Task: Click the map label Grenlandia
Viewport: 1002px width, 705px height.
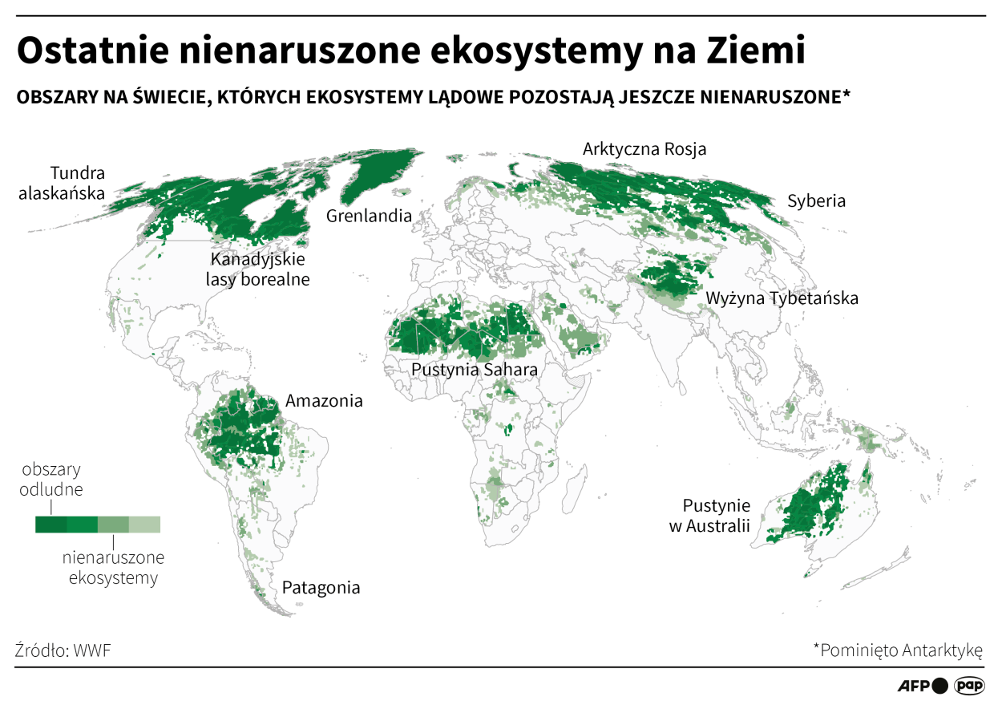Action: coord(369,216)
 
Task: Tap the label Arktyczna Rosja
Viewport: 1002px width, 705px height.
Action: coord(644,149)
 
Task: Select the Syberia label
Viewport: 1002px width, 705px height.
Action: coord(816,201)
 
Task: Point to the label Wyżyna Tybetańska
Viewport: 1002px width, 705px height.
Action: coord(782,298)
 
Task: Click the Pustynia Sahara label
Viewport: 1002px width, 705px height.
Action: coord(474,370)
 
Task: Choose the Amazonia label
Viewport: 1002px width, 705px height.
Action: coord(324,400)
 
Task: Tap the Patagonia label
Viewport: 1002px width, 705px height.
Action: coord(321,587)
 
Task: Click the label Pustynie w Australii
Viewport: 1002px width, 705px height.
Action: coord(716,516)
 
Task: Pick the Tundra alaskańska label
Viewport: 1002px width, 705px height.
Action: coord(78,183)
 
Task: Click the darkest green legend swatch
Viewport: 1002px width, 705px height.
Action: coord(51,525)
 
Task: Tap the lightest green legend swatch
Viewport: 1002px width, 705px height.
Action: coord(145,525)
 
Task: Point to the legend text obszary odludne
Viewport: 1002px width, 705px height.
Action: coord(52,479)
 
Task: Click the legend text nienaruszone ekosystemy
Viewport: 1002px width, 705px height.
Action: coord(113,567)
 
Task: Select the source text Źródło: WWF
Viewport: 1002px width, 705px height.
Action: coord(63,650)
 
